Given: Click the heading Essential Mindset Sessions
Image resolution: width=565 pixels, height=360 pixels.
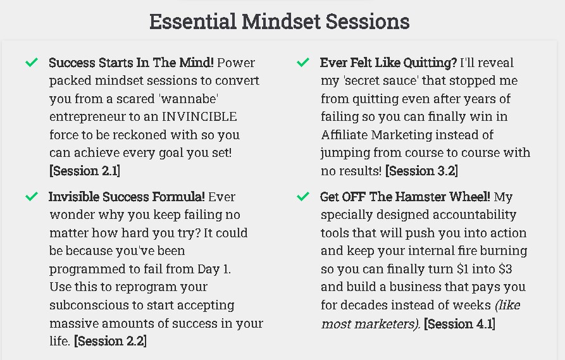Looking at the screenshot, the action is point(279,22).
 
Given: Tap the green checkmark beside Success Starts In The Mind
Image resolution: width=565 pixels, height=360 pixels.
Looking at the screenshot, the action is point(32,63).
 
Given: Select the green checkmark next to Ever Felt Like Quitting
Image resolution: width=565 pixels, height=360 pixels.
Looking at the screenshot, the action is point(303,63).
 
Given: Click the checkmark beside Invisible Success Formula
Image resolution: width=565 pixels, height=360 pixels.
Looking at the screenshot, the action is point(32,196).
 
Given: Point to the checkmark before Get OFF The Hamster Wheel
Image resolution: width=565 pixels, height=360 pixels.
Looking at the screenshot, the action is point(303,196).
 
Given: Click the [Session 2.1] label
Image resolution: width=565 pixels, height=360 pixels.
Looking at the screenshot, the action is point(85,171).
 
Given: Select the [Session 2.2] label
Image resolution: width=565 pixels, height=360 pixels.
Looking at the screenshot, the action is point(110,341).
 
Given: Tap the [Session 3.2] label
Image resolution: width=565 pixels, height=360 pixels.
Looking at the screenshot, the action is point(421,171).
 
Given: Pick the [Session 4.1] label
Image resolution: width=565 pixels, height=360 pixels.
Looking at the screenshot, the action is point(459,323).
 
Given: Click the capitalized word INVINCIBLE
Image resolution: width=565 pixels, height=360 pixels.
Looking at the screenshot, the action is point(199,117).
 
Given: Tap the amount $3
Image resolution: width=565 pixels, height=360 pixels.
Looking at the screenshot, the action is point(505,269).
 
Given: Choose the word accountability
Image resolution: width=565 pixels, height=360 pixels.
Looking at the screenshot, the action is point(474,215).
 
